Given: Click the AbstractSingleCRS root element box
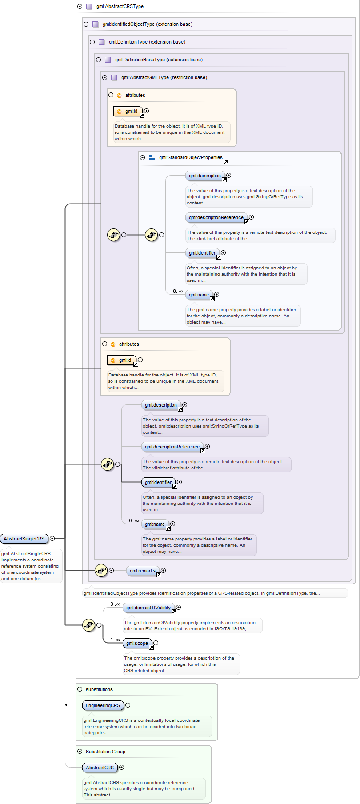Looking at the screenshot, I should click(24, 539).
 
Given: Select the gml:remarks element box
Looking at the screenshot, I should click(142, 571).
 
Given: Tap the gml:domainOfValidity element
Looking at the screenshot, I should click(148, 608).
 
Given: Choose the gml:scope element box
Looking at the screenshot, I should click(137, 643).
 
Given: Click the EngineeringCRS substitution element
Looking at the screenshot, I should click(103, 705).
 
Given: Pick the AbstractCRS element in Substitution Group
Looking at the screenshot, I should click(100, 768).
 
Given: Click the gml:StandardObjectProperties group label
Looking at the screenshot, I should click(191, 157).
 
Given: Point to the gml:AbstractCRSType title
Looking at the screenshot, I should click(120, 6).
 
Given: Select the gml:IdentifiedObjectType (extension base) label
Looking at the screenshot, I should click(148, 24).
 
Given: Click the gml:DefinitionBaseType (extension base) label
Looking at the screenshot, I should click(159, 60).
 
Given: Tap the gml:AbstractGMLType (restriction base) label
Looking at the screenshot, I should click(164, 77).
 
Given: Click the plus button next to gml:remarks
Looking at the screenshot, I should click(164, 570).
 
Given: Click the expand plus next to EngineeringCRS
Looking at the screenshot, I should click(128, 705).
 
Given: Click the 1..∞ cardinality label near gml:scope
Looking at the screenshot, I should click(115, 640).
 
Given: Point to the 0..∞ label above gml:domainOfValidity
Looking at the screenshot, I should click(115, 604).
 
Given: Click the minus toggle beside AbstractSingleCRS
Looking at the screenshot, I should click(52, 538).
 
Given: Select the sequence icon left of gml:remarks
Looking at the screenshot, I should click(101, 570).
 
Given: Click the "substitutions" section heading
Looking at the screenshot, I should click(99, 689).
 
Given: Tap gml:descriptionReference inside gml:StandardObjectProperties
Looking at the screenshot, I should click(216, 217).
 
